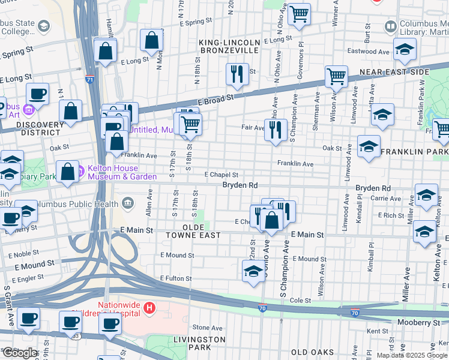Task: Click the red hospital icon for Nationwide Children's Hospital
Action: tap(149, 309)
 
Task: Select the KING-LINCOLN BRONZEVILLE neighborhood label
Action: tap(230, 46)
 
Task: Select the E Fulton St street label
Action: tap(176, 278)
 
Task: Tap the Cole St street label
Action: tap(302, 300)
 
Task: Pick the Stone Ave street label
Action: tap(208, 327)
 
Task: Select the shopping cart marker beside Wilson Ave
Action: tap(336, 76)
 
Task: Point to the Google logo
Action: tap(20, 353)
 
